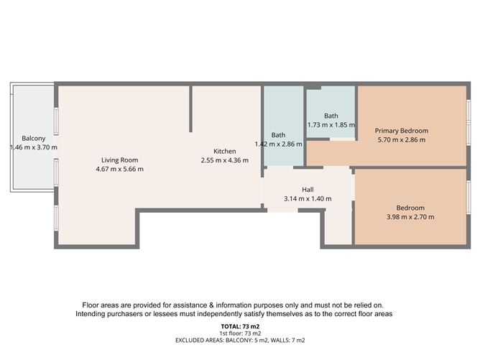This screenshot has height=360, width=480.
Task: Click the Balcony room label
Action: click(34, 138)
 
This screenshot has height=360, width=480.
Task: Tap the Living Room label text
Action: click(119, 160)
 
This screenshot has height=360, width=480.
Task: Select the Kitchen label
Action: click(224, 151)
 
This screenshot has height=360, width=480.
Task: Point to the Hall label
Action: click(307, 189)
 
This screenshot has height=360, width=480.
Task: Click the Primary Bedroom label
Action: click(402, 131)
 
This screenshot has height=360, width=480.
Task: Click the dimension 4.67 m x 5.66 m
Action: click(119, 170)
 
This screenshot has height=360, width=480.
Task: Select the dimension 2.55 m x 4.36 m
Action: click(224, 160)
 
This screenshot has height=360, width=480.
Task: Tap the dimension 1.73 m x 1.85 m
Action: click(331, 125)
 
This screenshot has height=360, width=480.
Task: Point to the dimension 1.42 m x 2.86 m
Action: click(278, 144)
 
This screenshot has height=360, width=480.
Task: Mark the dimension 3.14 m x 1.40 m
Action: click(307, 198)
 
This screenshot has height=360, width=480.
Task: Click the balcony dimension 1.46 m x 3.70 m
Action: click(34, 147)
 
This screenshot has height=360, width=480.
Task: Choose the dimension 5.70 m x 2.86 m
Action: click(402, 140)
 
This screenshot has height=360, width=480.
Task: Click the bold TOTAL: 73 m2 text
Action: click(240, 326)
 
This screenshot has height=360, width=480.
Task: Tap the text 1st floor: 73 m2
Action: click(240, 333)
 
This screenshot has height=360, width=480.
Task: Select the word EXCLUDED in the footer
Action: click(191, 341)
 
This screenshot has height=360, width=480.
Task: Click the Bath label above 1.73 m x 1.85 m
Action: click(331, 116)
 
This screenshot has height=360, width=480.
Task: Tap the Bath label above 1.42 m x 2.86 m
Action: click(279, 134)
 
